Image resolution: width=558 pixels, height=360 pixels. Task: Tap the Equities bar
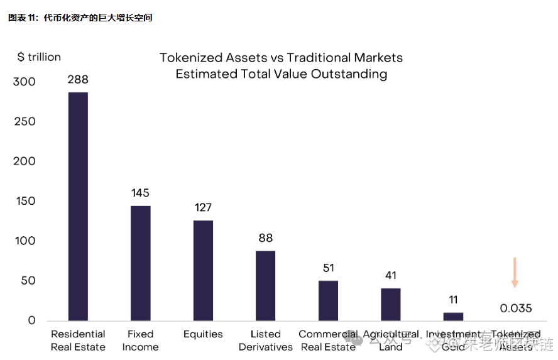coord(203,270)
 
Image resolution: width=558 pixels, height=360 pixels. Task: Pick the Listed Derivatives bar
coord(265,285)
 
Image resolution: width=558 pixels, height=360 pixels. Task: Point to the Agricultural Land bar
coord(390,304)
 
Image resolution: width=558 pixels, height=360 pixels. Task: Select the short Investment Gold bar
coord(453,316)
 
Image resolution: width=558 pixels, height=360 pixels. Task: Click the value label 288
coord(78,80)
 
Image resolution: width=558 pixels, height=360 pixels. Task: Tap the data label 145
coord(140,193)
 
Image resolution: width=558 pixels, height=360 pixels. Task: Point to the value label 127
coord(203,207)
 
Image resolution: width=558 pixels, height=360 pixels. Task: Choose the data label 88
coord(265,238)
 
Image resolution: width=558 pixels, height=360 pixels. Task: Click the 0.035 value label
coord(516,308)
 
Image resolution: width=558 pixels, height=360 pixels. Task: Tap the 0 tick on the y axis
coord(31,320)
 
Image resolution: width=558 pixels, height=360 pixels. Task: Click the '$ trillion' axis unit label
coord(39,57)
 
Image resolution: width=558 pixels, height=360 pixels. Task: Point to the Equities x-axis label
coord(203,334)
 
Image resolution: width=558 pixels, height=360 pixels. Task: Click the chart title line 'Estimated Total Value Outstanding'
coord(281,74)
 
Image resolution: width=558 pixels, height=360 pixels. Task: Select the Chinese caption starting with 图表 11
coord(80,18)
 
